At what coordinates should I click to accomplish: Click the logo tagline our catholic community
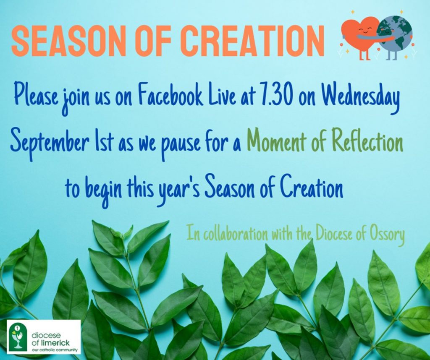coord(55,350)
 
